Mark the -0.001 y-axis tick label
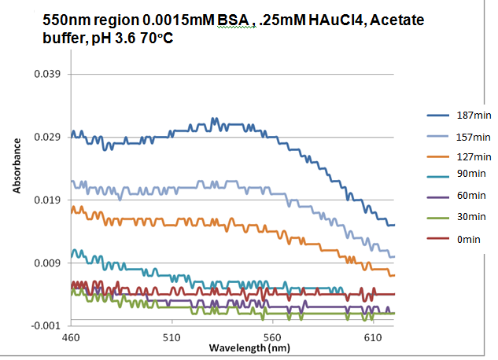[47, 325]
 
